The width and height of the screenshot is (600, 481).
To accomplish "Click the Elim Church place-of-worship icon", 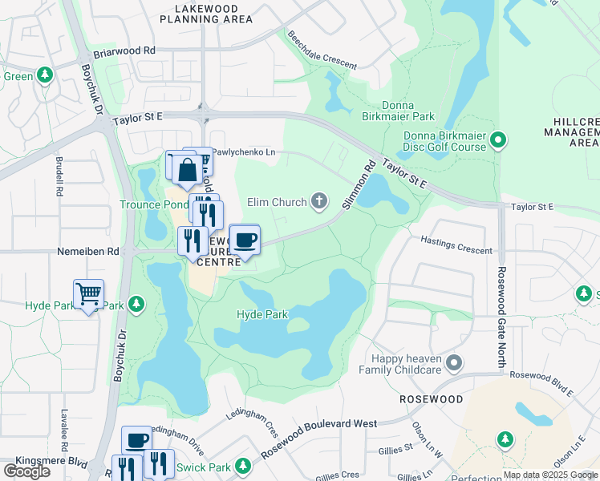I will [x=319, y=201].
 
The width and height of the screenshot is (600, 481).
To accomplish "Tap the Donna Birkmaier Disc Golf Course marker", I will [x=498, y=141].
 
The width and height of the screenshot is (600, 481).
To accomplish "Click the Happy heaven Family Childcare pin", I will [x=454, y=365].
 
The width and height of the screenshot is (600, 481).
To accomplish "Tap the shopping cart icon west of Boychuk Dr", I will [x=88, y=294].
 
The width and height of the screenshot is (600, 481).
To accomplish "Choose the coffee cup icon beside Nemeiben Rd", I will [x=245, y=239].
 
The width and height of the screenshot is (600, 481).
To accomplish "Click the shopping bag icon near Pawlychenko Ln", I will [x=187, y=170].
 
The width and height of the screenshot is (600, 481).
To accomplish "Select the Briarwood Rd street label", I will [x=124, y=50].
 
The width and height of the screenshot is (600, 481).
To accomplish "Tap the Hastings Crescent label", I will [x=456, y=245].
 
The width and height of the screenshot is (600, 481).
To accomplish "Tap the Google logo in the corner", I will [x=26, y=471].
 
